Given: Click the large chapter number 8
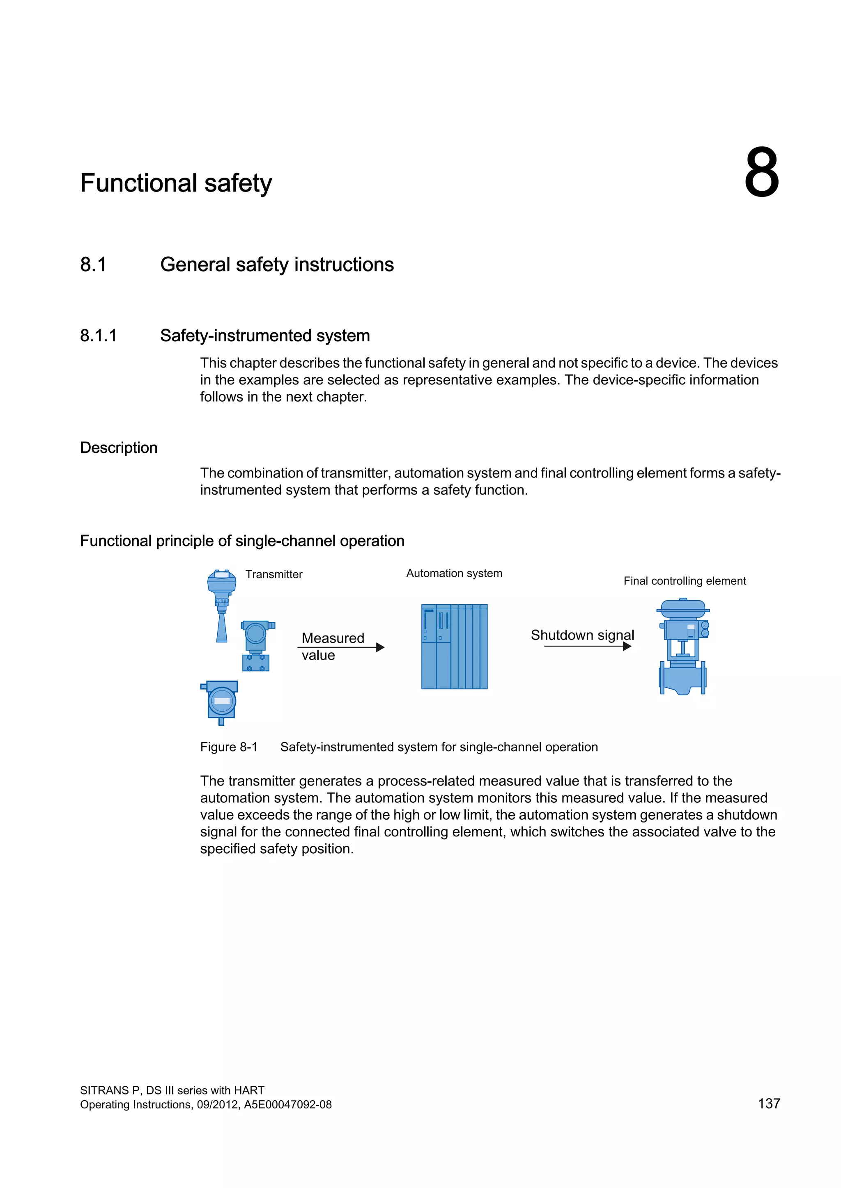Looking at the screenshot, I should pyautogui.click(x=761, y=172).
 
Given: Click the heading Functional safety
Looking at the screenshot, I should pyautogui.click(x=176, y=183).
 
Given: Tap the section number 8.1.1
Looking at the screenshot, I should pyautogui.click(x=99, y=336).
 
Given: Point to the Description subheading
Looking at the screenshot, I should pyautogui.click(x=119, y=448).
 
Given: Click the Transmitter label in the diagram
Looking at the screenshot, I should pyautogui.click(x=273, y=574).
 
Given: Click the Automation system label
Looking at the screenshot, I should pyautogui.click(x=454, y=573).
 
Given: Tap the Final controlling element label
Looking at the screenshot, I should pyautogui.click(x=684, y=581).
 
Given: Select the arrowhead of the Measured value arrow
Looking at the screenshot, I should pyautogui.click(x=381, y=647).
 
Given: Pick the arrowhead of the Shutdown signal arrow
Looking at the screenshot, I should pyautogui.click(x=627, y=646).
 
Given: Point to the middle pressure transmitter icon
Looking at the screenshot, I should pyautogui.click(x=256, y=646).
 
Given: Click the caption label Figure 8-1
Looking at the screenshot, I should pyautogui.click(x=228, y=747).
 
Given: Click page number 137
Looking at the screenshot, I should pyautogui.click(x=768, y=1103).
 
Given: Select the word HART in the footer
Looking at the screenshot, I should pyautogui.click(x=249, y=1090).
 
